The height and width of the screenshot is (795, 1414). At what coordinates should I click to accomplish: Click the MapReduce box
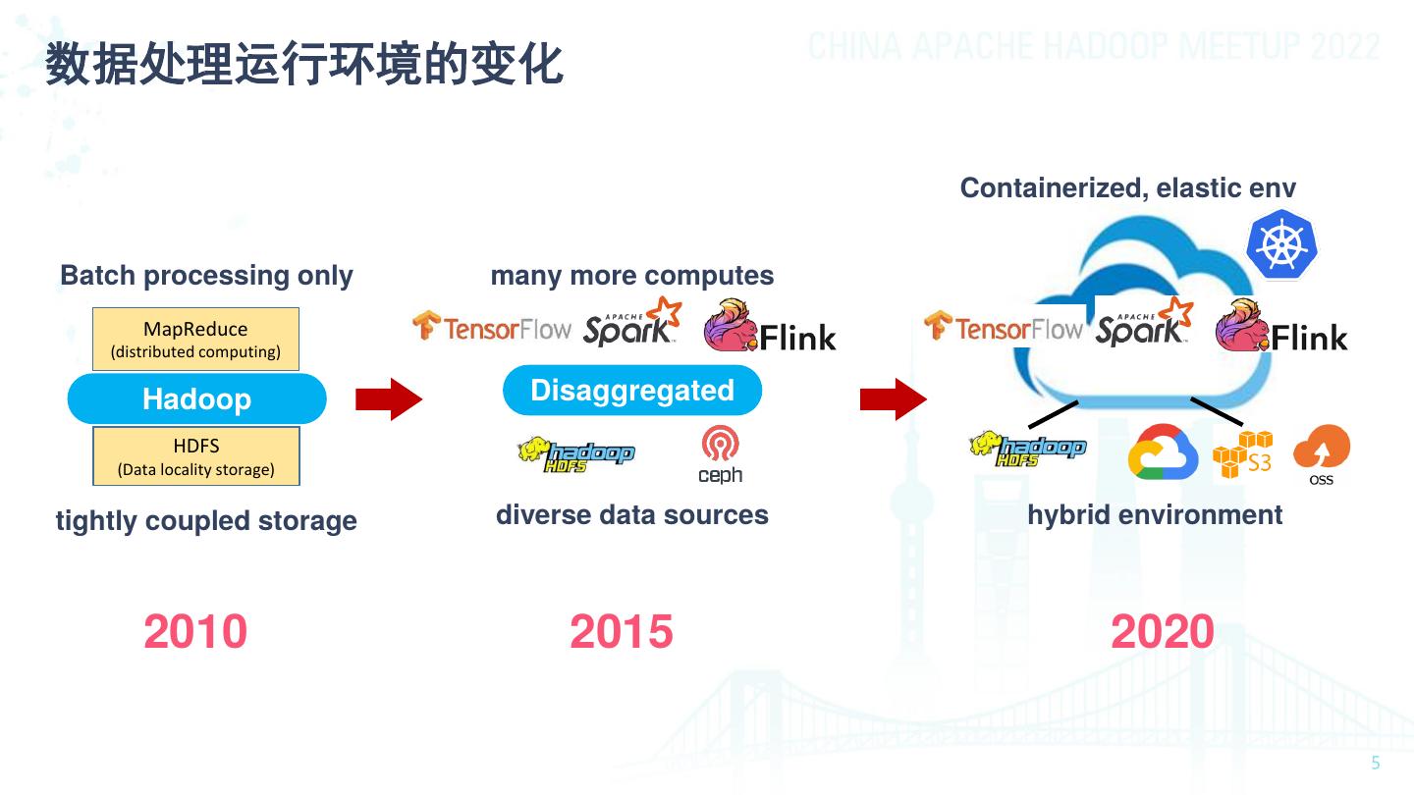[195, 340]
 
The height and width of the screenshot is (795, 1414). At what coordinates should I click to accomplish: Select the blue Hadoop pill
[196, 398]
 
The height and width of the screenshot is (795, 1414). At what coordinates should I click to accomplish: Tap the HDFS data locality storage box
[196, 456]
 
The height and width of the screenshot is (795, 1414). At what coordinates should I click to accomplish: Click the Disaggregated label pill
[632, 391]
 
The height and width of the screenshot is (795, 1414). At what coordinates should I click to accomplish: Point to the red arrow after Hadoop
[389, 398]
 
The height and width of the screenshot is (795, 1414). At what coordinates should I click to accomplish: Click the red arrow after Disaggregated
[894, 398]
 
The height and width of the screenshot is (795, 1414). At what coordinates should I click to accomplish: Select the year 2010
[195, 631]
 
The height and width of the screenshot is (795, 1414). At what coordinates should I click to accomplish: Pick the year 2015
[622, 631]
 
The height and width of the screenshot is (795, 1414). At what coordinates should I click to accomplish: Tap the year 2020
[1163, 631]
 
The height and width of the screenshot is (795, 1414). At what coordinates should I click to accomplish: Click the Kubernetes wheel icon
[1280, 246]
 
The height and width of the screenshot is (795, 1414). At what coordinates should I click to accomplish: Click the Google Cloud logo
[1164, 452]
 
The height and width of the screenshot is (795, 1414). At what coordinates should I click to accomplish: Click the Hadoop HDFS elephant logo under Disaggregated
[576, 454]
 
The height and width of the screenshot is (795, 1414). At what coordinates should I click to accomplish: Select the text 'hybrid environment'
[1155, 514]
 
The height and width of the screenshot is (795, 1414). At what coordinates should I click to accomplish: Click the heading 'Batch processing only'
[206, 276]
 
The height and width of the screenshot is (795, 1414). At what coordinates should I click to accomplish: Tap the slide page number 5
[1375, 764]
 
